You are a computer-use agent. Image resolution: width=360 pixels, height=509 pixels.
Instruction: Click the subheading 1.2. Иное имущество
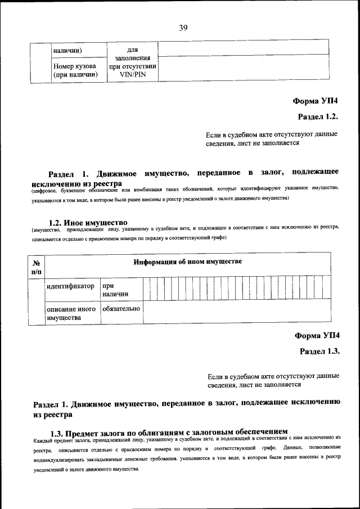coord(89,223)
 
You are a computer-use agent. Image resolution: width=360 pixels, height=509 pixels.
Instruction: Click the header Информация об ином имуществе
coord(187,262)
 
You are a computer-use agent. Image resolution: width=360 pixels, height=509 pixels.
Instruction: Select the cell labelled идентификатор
coord(70,286)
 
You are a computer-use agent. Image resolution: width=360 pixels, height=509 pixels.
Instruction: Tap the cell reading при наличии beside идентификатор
coord(115,290)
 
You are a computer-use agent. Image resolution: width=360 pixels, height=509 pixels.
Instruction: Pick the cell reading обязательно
coord(121,309)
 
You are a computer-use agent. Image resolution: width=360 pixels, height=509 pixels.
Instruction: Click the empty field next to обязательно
coord(236,313)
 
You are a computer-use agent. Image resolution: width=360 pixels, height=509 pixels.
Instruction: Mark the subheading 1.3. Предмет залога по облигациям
coord(169,433)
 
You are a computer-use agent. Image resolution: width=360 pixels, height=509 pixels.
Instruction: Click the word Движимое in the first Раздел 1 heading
coord(116,173)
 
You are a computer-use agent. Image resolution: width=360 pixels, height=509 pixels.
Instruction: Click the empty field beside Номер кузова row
coord(243,69)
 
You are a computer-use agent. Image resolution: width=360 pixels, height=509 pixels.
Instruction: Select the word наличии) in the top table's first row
coord(68,51)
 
